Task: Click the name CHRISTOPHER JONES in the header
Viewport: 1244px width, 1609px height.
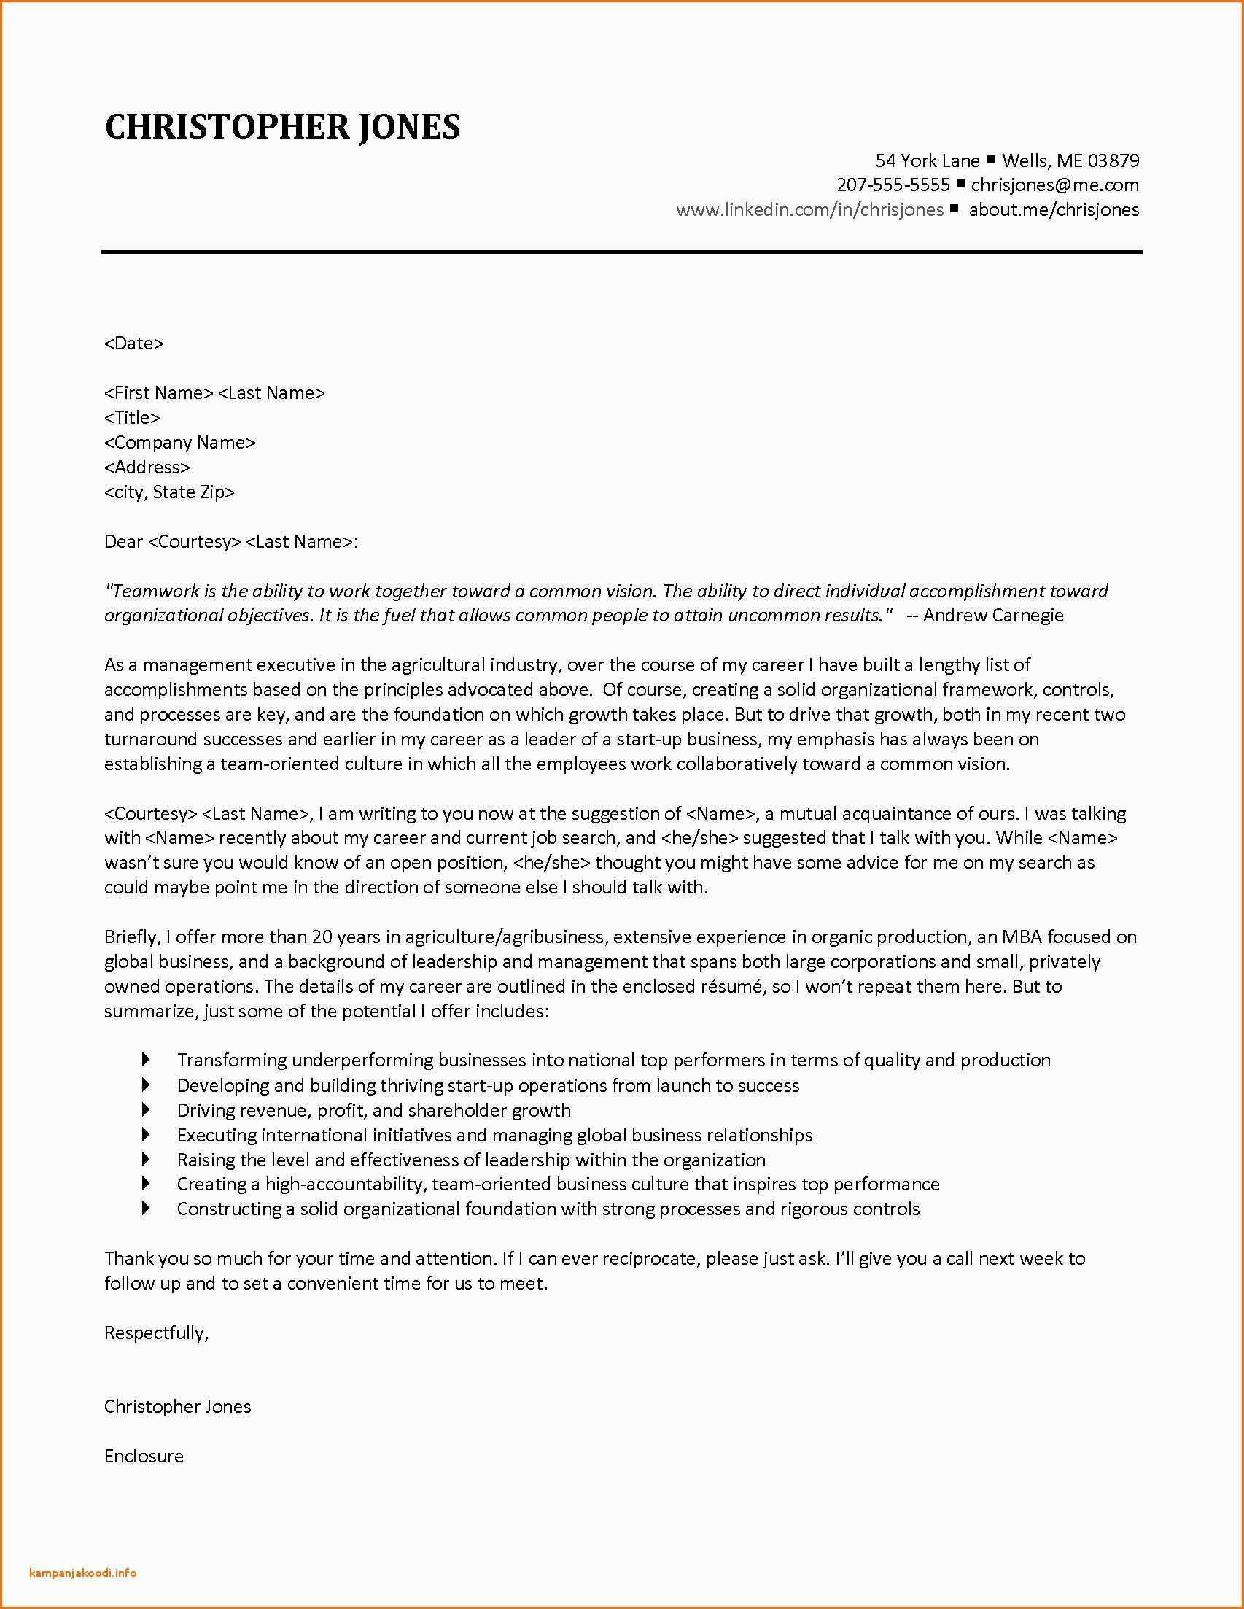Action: [x=282, y=127]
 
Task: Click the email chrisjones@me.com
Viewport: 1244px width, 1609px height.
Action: [x=1054, y=185]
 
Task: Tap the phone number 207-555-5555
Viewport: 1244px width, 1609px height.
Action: [x=893, y=185]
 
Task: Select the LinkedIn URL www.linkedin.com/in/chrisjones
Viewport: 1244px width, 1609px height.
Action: [x=809, y=209]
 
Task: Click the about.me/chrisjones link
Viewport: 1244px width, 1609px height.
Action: [x=1053, y=209]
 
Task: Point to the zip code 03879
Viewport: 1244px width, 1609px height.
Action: [x=1113, y=160]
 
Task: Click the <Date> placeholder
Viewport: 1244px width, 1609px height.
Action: [x=134, y=343]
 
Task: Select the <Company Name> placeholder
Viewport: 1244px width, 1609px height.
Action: [x=179, y=442]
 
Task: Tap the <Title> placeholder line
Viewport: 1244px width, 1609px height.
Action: [x=132, y=417]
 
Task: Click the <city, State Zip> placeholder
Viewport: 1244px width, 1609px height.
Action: [x=169, y=492]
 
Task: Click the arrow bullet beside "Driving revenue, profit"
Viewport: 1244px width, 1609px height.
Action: [x=145, y=1109]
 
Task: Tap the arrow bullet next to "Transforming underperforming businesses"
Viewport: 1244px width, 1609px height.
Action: [x=145, y=1060]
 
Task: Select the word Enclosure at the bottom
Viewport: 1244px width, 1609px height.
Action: [x=144, y=1456]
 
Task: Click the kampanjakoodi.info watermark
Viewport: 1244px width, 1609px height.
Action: [x=83, y=1567]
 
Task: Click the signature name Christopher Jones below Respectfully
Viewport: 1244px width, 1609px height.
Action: [x=177, y=1406]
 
